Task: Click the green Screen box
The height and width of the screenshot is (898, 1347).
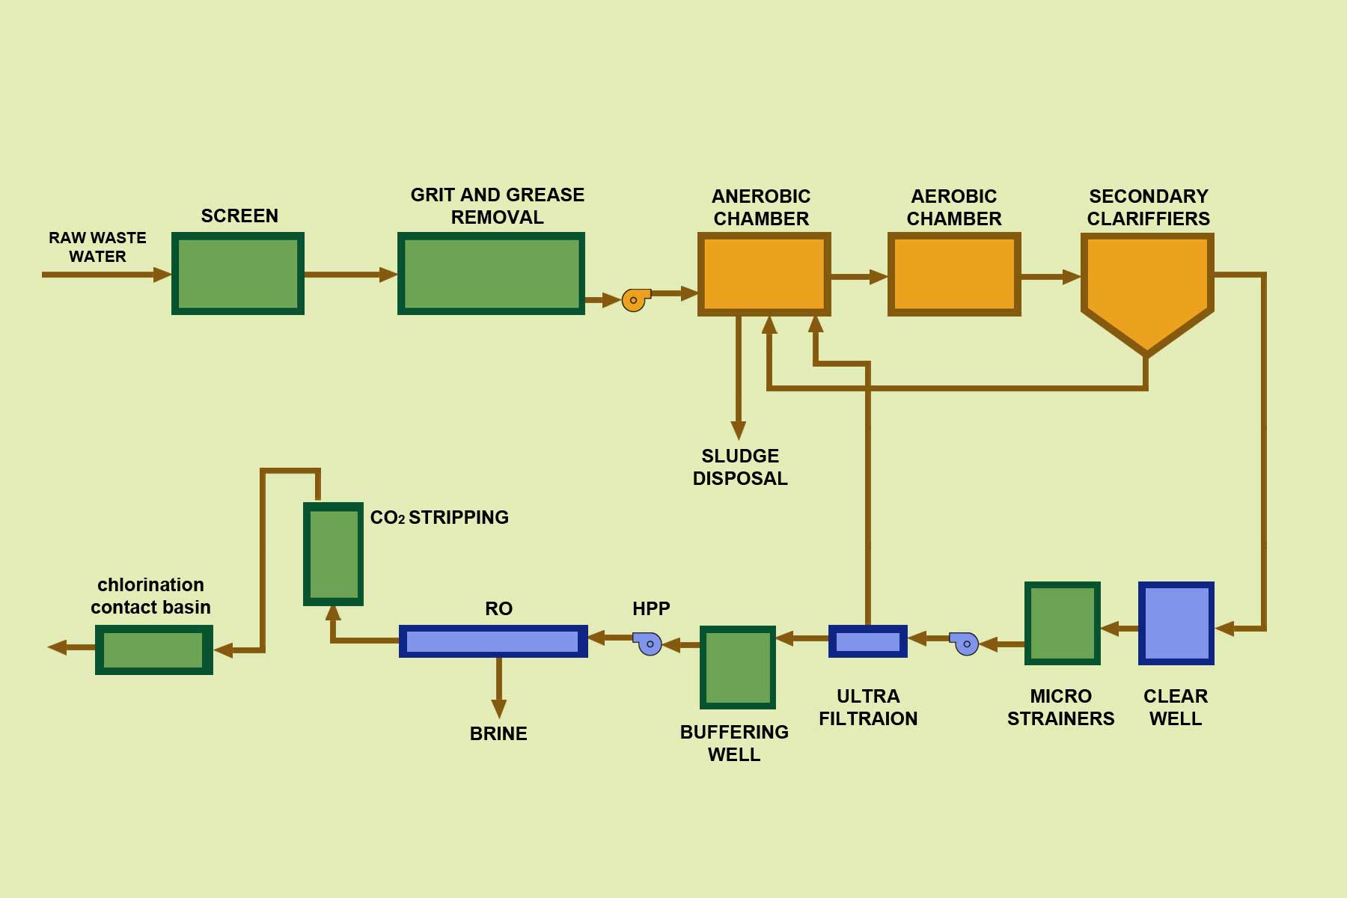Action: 238,274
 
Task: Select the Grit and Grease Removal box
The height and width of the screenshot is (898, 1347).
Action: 491,274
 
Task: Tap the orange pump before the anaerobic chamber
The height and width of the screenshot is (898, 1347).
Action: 635,300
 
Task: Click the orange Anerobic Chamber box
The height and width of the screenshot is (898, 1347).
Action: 764,274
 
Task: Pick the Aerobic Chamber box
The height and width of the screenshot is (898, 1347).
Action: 954,274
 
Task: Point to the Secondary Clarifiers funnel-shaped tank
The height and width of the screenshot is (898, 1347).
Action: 1147,284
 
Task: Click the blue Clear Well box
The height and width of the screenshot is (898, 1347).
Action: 1176,623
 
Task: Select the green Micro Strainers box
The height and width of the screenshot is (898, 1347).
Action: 1062,623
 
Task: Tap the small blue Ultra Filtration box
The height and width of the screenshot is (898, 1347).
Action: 867,641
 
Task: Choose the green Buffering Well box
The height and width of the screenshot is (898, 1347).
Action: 737,668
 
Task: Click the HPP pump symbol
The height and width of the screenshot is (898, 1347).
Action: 648,644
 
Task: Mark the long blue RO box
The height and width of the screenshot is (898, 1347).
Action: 493,641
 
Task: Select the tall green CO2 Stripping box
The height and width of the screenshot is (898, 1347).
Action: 333,554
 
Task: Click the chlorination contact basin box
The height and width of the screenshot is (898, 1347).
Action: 153,650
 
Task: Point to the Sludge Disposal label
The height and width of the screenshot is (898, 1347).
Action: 740,467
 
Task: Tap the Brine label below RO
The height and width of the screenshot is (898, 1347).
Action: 498,733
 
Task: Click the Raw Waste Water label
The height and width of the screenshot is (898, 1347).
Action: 97,247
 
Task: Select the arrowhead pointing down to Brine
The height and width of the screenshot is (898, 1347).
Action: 498,708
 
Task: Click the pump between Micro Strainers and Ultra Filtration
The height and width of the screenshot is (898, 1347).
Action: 965,644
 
